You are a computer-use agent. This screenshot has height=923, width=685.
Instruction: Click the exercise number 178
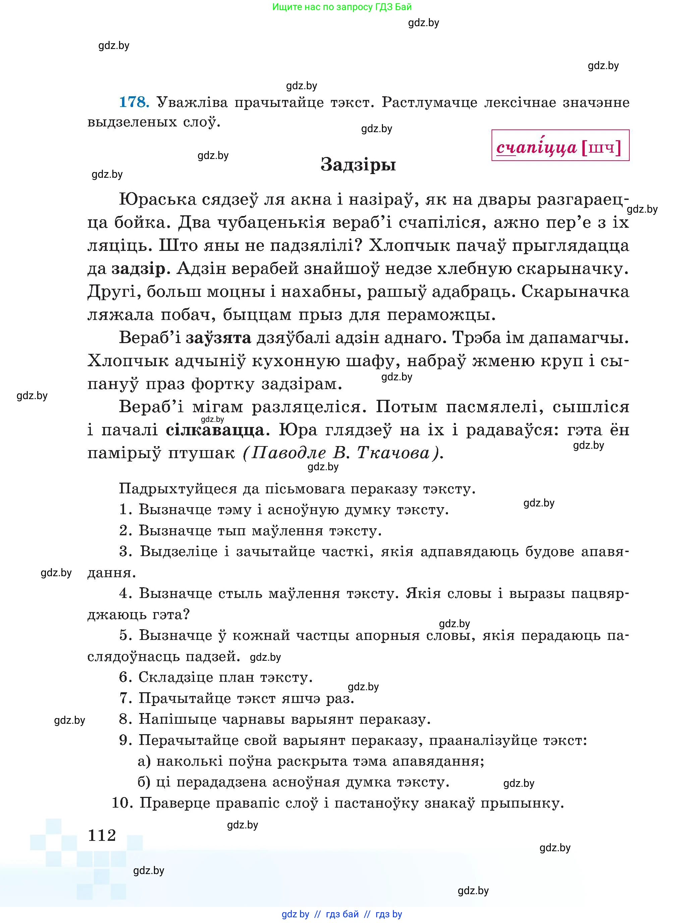click(x=133, y=102)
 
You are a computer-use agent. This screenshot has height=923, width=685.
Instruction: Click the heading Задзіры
click(x=358, y=165)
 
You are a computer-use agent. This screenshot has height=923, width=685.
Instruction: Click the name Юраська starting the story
click(x=158, y=200)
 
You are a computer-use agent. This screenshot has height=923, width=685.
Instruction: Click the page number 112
click(x=102, y=835)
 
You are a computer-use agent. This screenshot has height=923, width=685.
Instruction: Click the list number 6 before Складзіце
click(x=125, y=677)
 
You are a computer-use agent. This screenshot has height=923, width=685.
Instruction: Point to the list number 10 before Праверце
click(x=122, y=803)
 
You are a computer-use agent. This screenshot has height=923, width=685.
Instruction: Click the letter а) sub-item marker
click(x=144, y=761)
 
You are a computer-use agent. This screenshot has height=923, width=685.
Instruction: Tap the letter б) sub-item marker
click(x=144, y=782)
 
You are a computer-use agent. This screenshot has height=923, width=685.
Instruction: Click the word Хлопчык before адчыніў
click(x=127, y=361)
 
